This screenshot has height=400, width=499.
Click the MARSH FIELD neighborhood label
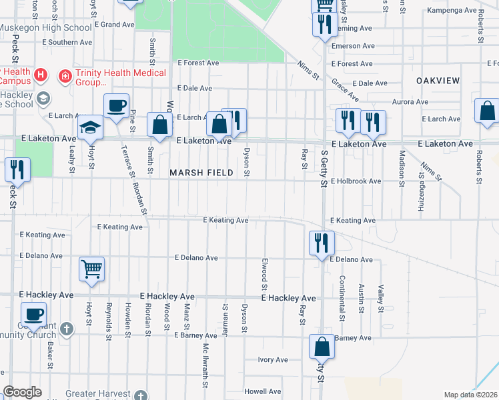pyautogui.click(x=201, y=173)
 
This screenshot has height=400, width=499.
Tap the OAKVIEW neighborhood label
pyautogui.click(x=438, y=81)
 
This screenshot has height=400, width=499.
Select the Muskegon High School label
pyautogui.click(x=45, y=27)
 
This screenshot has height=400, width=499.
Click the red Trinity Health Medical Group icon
pyautogui.click(x=65, y=75)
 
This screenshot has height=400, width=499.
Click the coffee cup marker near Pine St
pyautogui.click(x=116, y=106)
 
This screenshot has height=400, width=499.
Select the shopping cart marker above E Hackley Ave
pyautogui.click(x=92, y=269)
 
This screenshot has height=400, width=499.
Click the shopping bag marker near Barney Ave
pyautogui.click(x=322, y=347)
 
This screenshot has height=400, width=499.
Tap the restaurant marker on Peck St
pyautogui.click(x=17, y=169)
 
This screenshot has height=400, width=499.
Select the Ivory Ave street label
pyautogui.click(x=273, y=360)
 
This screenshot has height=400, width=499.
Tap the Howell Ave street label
pyautogui.click(x=262, y=391)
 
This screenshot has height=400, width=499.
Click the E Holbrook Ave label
pyautogui.click(x=354, y=181)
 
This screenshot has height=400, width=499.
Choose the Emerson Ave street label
pyautogui.click(x=354, y=46)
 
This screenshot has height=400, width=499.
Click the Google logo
pyautogui.click(x=22, y=392)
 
